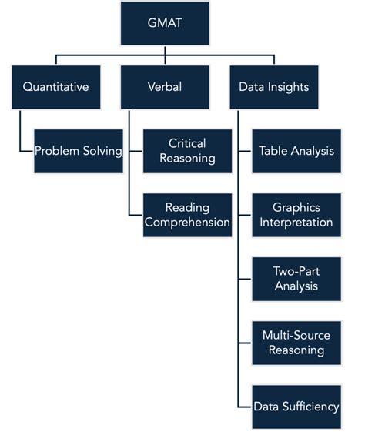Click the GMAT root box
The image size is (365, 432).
coord(166,23)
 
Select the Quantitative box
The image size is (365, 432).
coord(55,87)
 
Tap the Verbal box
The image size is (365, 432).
coord(166,87)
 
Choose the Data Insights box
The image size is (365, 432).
coord(275,87)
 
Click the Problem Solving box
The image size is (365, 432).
coord(78,151)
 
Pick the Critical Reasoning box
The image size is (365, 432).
coord(187,151)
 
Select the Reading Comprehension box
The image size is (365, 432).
coord(187,215)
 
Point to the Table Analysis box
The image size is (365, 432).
coord(296,151)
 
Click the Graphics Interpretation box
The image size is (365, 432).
coord(296,215)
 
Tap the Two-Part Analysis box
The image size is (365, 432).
coord(296,279)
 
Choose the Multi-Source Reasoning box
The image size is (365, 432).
coord(296,343)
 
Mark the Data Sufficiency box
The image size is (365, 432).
coord(296,407)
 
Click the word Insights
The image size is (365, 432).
coord(290,87)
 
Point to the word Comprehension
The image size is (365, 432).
coord(187,223)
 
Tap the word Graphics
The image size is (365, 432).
coord(296,207)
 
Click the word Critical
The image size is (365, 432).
coord(187,143)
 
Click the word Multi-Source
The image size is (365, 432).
coord(296,335)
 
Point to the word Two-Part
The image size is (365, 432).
coord(296,271)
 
